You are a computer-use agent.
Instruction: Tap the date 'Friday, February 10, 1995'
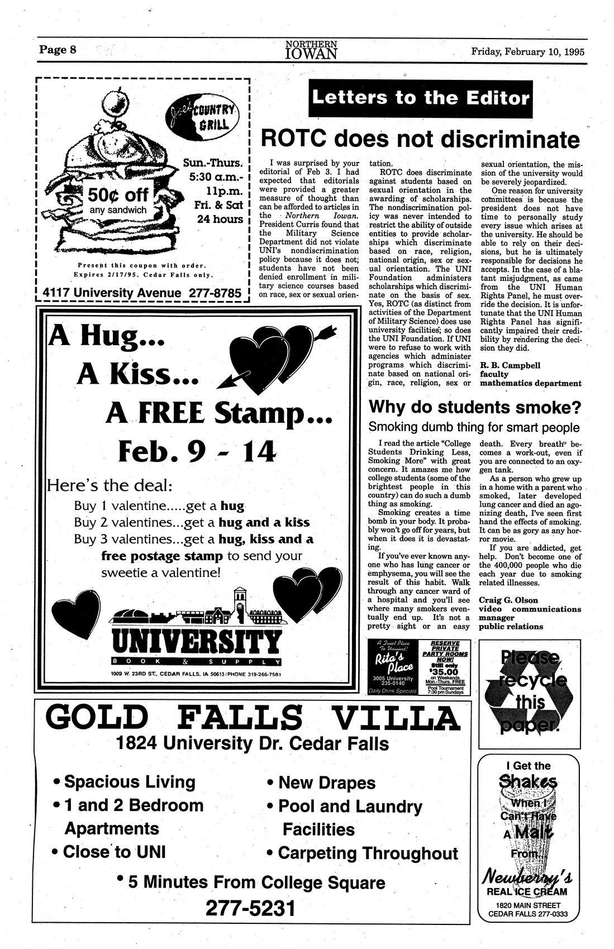pos(527,51)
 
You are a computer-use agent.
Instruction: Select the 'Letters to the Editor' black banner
pos(420,99)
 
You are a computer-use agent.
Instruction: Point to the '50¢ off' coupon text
pos(118,195)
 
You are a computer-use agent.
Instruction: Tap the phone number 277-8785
pos(215,293)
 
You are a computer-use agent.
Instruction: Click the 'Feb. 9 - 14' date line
pos(197,451)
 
